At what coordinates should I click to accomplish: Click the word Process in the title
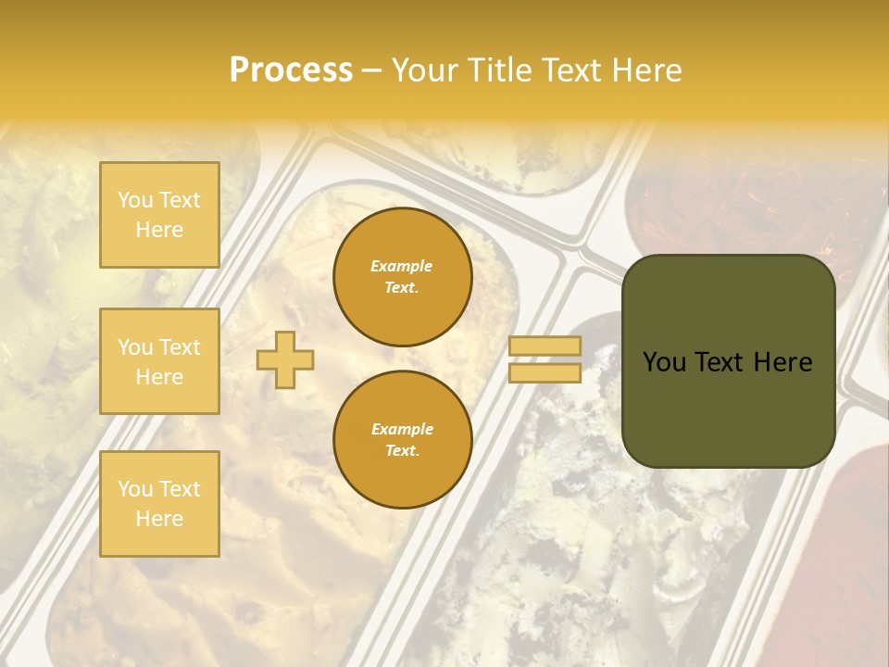pos(291,70)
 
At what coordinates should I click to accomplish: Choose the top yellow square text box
pos(159,215)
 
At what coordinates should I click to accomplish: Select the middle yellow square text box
pos(159,361)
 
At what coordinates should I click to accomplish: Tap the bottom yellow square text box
pos(159,504)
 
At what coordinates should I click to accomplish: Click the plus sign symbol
pos(285,359)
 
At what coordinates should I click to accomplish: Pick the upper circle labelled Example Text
pos(402,277)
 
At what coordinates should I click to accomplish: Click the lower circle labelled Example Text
pos(402,440)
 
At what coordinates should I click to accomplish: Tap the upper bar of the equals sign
pos(545,346)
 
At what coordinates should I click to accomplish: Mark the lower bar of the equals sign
pos(545,373)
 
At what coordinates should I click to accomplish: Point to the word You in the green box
pos(665,362)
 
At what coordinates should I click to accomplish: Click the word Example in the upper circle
pos(401,266)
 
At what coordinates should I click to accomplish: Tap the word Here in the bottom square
pos(159,519)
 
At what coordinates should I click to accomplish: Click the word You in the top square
pos(135,200)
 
